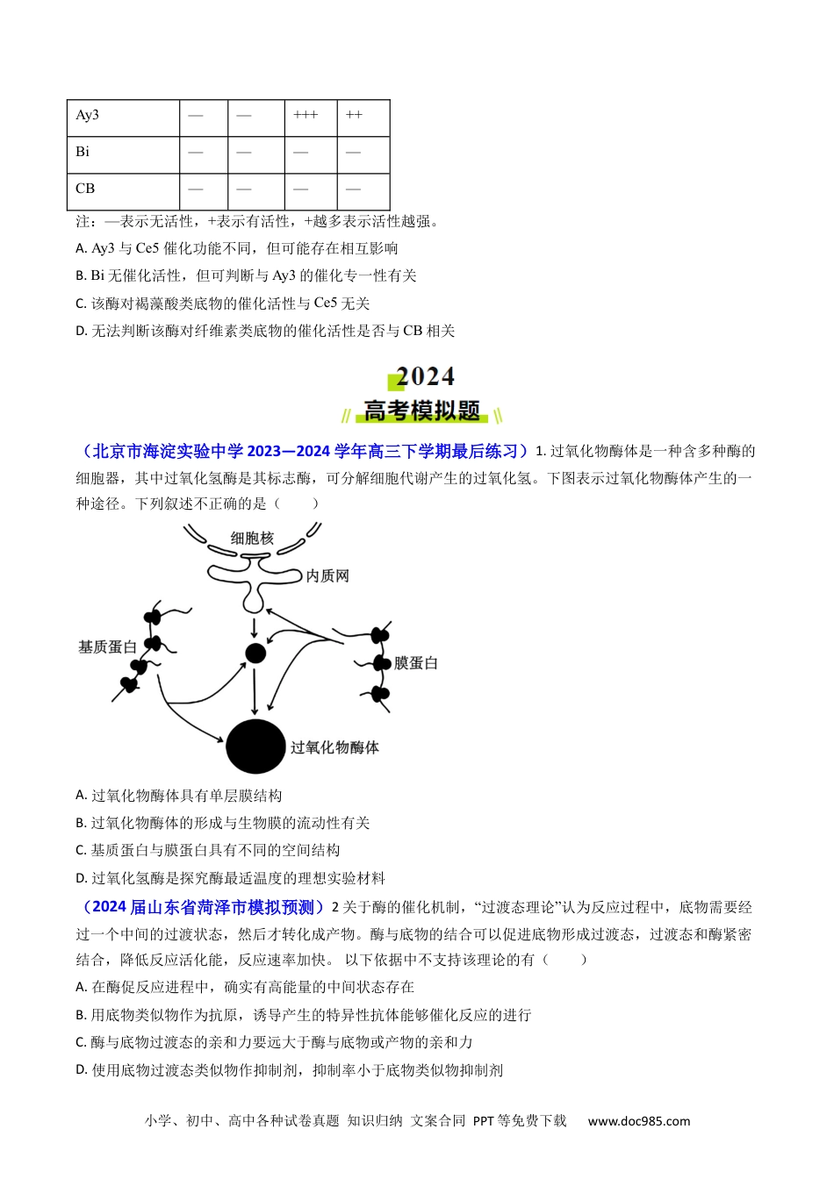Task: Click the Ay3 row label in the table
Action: click(x=87, y=116)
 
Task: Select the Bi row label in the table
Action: click(x=83, y=152)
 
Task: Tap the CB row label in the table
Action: click(x=85, y=189)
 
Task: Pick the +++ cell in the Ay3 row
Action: click(x=306, y=116)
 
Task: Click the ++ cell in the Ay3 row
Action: click(x=354, y=116)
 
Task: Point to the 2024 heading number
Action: click(x=425, y=377)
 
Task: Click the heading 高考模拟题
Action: click(x=422, y=411)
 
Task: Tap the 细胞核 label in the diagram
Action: click(x=252, y=538)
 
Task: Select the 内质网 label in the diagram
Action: click(x=327, y=575)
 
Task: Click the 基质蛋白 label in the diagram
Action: click(x=107, y=647)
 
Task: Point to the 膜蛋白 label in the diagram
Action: click(x=415, y=663)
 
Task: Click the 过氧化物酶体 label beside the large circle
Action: click(x=334, y=747)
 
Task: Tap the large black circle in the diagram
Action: click(x=255, y=747)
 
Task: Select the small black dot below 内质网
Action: click(x=255, y=654)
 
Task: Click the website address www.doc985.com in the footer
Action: click(x=638, y=1121)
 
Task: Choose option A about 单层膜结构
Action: click(x=179, y=796)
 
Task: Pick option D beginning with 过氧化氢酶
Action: click(x=230, y=878)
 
